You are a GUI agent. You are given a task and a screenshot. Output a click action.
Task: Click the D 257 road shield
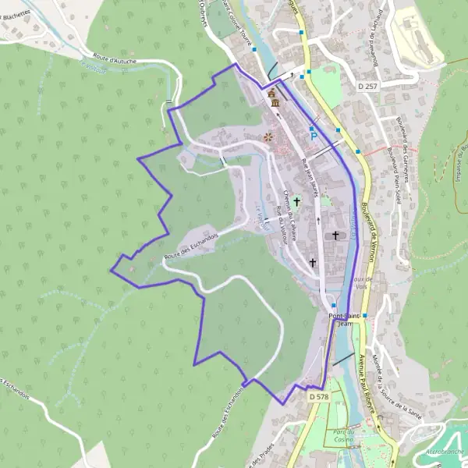pos(367,85)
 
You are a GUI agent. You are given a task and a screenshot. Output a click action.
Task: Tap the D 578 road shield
pos(317,397)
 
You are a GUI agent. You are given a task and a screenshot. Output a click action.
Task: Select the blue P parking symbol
pos(313,136)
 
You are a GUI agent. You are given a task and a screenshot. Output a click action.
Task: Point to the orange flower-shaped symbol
pos(268,137)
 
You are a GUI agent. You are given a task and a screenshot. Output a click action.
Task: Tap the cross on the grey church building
pos(336,235)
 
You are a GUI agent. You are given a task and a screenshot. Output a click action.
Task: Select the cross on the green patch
pos(296,201)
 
